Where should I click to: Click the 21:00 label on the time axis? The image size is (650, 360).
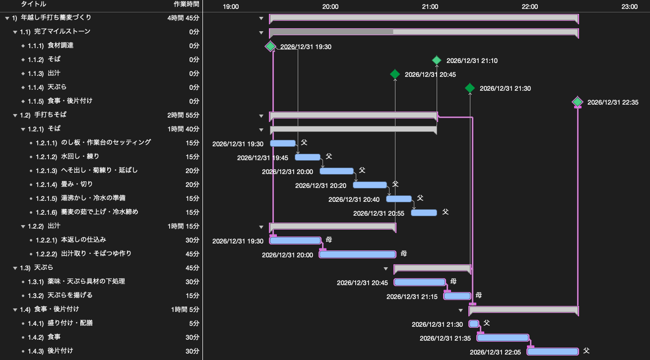pos(430,6)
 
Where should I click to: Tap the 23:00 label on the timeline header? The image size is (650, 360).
pos(629,6)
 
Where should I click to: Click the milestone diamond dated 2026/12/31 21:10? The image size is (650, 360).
pos(437,60)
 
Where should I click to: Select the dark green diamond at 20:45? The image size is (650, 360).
pos(395,74)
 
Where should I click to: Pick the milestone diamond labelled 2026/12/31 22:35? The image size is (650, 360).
pos(578,102)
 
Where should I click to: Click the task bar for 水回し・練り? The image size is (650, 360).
pos(308,157)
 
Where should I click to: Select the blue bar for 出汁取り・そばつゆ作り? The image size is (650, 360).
pos(357,254)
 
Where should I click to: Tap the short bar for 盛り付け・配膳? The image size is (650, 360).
pos(474,324)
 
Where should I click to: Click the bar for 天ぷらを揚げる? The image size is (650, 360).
pos(457,296)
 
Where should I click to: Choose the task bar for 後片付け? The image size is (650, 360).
pos(553,352)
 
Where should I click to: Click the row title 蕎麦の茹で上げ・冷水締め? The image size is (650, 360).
pos(100,212)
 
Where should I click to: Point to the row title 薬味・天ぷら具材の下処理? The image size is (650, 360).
pos(86,281)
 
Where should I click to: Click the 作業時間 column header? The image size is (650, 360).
pos(186,4)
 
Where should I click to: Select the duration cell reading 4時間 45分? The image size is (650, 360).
pos(184,18)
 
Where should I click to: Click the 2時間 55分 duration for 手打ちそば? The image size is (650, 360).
pos(184,115)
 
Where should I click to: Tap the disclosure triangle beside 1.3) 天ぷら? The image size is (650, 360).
pos(15,268)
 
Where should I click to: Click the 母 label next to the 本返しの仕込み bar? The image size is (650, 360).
pos(329,240)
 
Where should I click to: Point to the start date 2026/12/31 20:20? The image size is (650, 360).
pos(321,185)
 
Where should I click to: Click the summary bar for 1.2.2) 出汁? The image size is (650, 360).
pos(333,227)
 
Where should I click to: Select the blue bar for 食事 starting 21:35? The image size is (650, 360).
pos(503,338)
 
